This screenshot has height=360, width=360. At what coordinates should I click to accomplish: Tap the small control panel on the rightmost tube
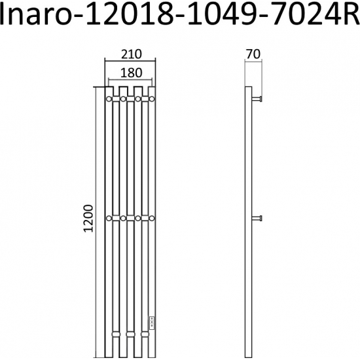[x=153, y=321]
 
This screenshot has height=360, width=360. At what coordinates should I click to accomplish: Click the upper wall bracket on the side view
[x=259, y=99]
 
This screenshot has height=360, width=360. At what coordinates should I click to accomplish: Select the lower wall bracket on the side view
[x=259, y=218]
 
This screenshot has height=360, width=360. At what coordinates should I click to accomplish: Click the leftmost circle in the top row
[x=109, y=99]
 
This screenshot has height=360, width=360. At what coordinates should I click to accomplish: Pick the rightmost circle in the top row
[x=153, y=99]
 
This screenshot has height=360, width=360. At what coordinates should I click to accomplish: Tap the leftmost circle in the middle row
[x=109, y=218]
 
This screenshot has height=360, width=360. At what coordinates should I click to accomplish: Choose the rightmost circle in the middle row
[x=153, y=218]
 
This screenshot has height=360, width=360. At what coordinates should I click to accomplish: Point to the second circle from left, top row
[x=123, y=99]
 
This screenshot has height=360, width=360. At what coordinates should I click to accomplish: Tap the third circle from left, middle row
[x=138, y=218]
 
